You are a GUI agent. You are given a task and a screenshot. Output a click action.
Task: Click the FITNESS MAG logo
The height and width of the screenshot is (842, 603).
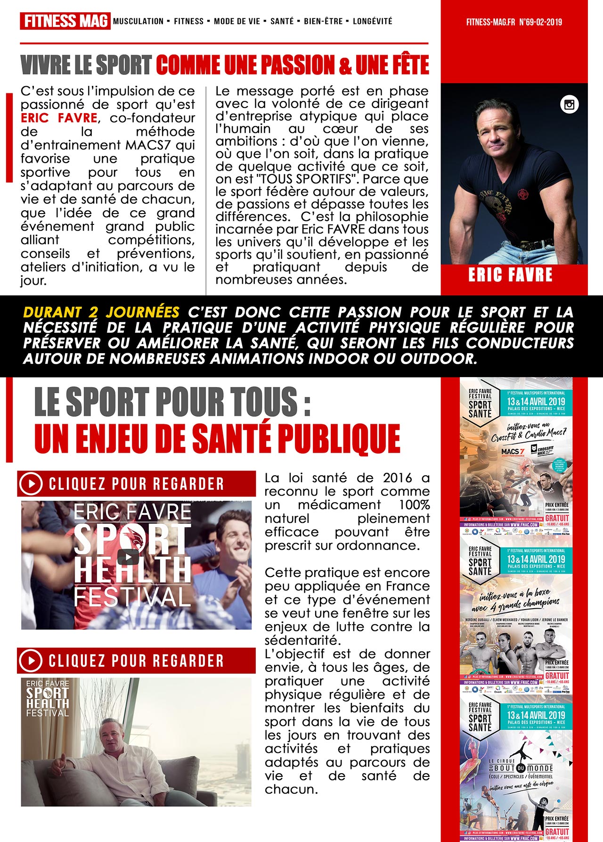click(x=65, y=21)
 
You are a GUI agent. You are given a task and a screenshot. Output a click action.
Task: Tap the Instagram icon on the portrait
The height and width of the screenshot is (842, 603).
click(x=569, y=105)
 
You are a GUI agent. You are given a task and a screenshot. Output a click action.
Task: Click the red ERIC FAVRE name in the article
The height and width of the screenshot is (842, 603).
click(x=59, y=118)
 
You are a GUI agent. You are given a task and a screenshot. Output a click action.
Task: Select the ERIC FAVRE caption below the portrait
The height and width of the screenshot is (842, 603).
click(x=510, y=275)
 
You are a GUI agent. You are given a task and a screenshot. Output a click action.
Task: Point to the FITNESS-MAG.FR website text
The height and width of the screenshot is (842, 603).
click(x=490, y=22)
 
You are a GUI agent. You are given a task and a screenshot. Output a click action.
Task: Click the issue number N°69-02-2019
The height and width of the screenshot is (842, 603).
click(x=540, y=22)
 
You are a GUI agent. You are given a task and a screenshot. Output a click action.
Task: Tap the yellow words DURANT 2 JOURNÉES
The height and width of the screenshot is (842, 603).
click(x=101, y=312)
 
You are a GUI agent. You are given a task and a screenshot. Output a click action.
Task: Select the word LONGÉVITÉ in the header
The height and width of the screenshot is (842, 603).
click(x=372, y=21)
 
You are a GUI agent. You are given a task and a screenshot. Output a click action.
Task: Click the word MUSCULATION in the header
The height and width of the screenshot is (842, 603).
click(x=139, y=21)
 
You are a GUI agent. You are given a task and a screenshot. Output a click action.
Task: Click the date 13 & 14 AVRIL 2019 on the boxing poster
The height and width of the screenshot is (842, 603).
click(x=536, y=559)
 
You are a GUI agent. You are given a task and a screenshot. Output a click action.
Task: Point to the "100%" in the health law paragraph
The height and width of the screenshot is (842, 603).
click(x=414, y=505)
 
